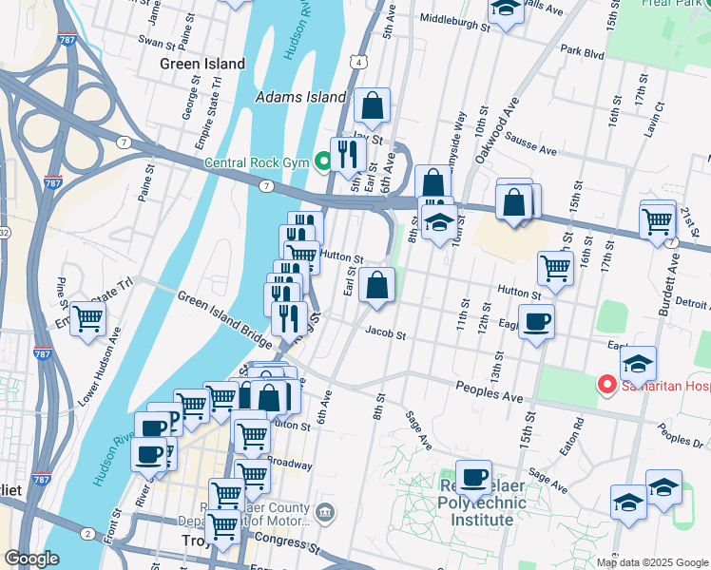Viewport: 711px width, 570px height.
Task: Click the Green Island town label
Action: click(x=202, y=65)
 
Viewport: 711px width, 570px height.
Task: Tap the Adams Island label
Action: click(x=300, y=97)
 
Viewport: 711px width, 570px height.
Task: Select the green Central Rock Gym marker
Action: click(x=323, y=162)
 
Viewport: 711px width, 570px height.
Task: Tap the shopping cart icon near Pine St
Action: click(x=87, y=317)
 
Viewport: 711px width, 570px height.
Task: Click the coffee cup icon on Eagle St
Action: click(x=537, y=322)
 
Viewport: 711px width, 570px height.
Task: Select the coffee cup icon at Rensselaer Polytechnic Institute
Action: click(x=473, y=477)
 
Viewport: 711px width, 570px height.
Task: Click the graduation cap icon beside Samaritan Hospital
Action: click(x=639, y=363)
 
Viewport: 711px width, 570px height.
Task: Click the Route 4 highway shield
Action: click(x=355, y=61)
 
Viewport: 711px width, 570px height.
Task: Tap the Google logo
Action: click(x=31, y=560)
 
